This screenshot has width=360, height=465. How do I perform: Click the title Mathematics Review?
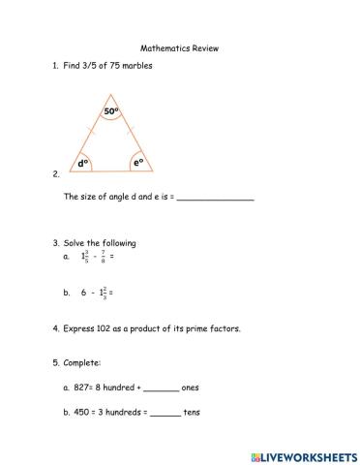pos(179,46)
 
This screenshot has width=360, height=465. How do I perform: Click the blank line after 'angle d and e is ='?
pos(216,198)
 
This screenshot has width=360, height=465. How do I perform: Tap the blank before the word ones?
pos(161,388)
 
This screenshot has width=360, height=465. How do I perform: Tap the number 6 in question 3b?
pos(83,292)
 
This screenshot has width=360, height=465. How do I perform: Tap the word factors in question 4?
pos(224,328)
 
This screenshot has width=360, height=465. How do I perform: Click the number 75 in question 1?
pos(108,65)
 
